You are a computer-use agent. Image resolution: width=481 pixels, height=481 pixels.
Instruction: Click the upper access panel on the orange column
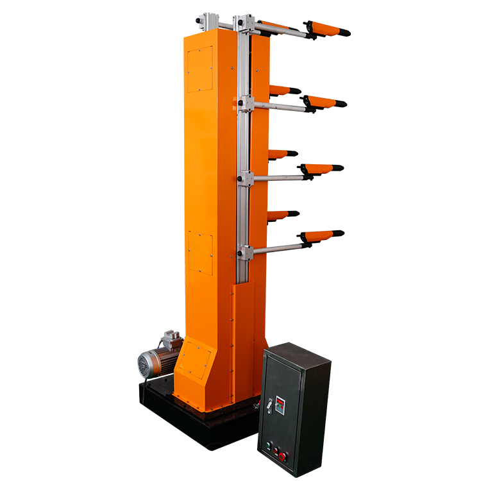(199, 69)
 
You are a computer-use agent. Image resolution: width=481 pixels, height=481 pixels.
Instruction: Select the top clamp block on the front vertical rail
(244, 24)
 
